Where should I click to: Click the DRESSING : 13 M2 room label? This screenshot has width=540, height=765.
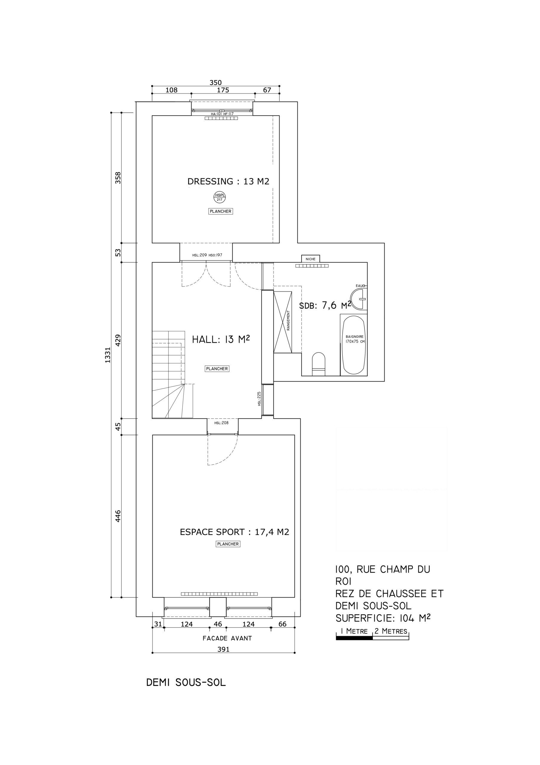(x=228, y=181)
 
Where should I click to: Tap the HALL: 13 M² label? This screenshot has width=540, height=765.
(x=221, y=339)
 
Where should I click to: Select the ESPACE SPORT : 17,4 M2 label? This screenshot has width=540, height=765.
(x=234, y=532)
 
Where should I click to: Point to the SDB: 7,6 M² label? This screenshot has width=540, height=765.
(x=325, y=305)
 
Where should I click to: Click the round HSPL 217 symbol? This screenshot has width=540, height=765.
(x=220, y=197)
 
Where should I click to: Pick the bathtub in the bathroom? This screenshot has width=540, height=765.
(x=354, y=345)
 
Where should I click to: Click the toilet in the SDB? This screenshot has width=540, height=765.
(x=318, y=364)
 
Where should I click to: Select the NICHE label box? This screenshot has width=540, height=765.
(x=310, y=259)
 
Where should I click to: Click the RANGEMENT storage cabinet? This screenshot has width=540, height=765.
(x=283, y=322)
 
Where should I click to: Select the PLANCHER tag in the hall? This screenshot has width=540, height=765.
(x=217, y=368)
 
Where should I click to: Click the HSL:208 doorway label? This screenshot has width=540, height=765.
(x=221, y=423)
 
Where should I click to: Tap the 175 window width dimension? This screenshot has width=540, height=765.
(x=223, y=90)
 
